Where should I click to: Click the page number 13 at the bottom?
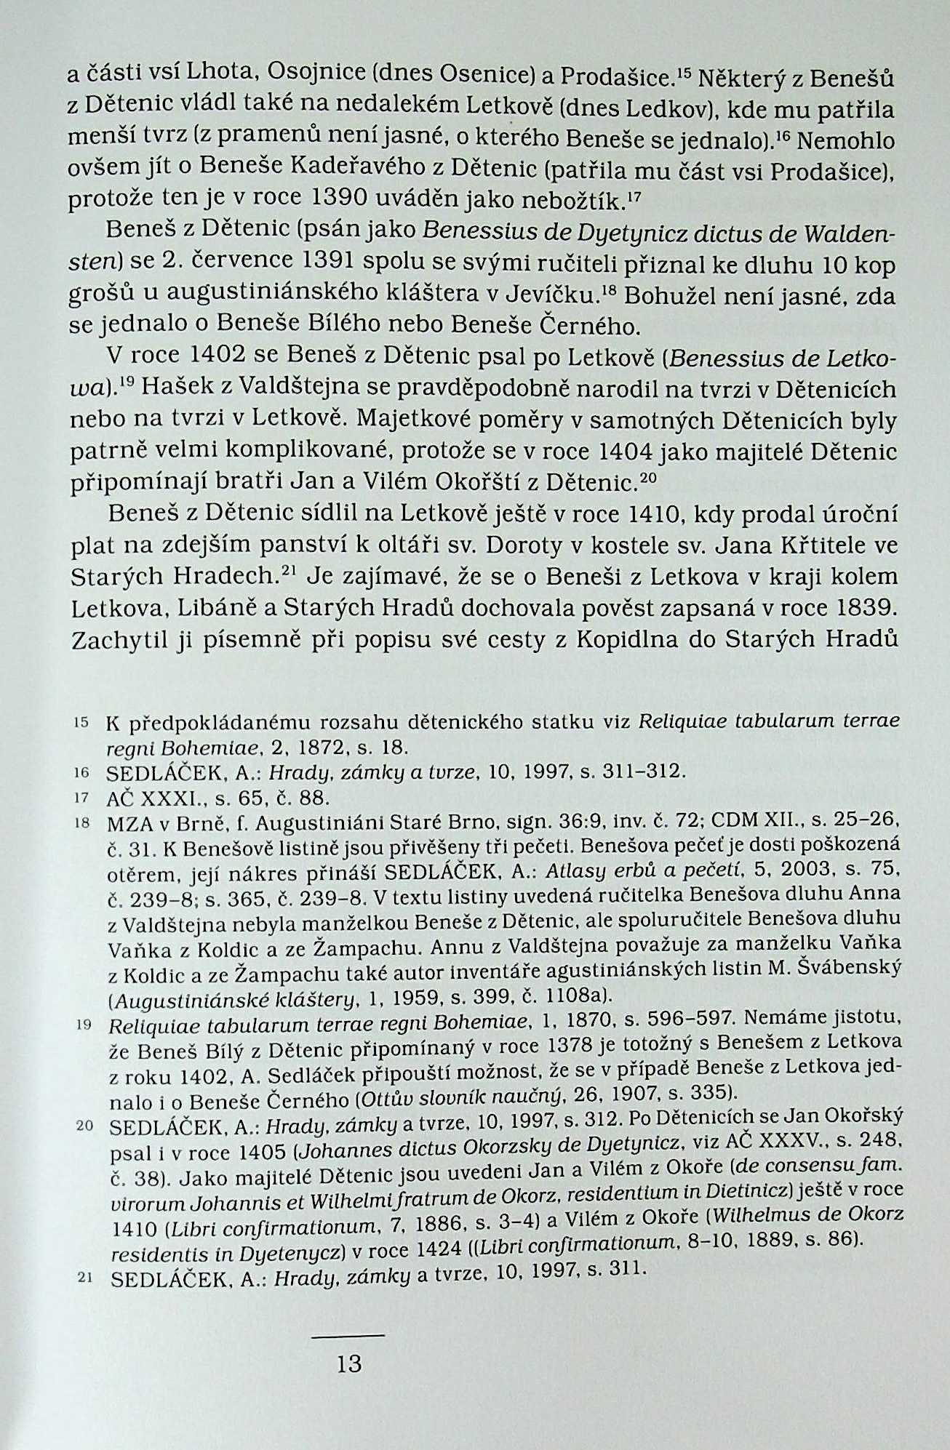point(349,1362)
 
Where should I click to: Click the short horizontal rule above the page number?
point(347,1335)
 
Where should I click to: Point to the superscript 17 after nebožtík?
point(631,195)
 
